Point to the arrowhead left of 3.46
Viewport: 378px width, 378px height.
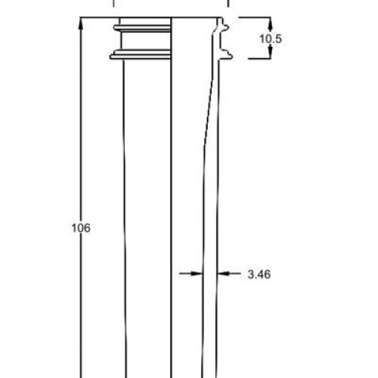196,274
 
